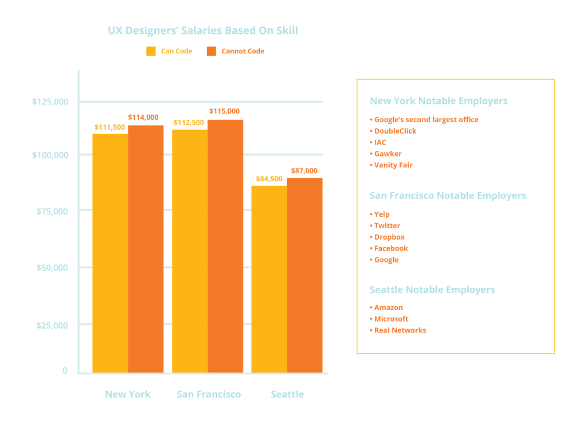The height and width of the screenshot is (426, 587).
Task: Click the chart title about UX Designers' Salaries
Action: coord(203,30)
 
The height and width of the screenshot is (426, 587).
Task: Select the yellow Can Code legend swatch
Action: coord(151,51)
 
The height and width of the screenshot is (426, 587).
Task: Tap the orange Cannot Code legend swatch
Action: coord(212,51)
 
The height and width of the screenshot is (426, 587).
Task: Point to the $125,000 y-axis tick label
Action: coord(50,101)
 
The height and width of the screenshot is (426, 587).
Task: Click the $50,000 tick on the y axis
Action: coord(52,268)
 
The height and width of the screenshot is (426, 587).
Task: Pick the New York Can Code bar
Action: coord(111,253)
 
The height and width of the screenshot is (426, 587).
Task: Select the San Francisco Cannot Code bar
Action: coord(225,247)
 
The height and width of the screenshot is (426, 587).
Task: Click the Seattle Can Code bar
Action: coord(269,279)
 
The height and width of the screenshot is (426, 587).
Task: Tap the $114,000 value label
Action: coord(143,117)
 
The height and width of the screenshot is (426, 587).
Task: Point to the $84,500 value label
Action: coord(269,179)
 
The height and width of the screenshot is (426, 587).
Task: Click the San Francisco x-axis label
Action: coord(209,394)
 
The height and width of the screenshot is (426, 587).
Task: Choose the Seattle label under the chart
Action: coord(288,394)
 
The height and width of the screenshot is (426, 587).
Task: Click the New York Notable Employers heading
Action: coord(439,101)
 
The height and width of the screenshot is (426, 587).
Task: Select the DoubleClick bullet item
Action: coord(393,131)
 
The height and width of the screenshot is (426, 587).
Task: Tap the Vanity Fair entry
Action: coord(391,165)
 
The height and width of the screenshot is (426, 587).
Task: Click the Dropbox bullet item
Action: coord(387,237)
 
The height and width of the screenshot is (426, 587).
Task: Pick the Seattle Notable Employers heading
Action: coord(432,290)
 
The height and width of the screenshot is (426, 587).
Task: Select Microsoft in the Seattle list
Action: coord(389,319)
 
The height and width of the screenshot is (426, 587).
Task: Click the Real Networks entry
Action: coord(398,330)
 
